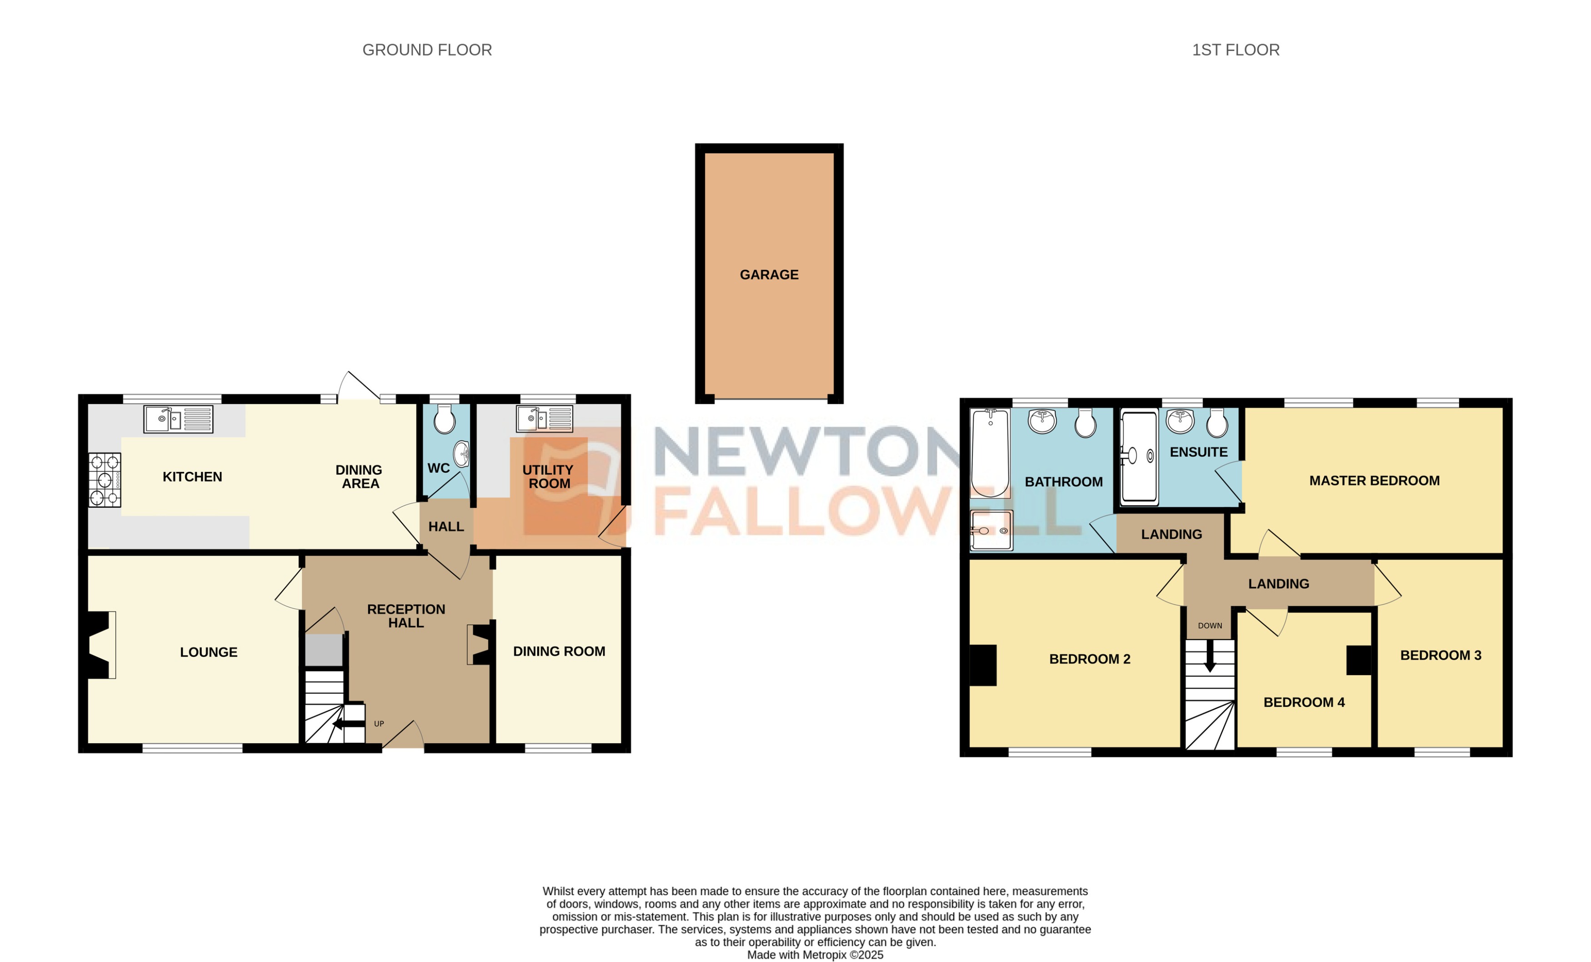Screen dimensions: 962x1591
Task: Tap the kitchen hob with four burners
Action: click(x=105, y=480)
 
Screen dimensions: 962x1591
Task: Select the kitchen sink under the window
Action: click(x=178, y=419)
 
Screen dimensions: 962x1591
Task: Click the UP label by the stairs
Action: click(x=379, y=724)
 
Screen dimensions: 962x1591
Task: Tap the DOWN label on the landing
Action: click(x=1210, y=626)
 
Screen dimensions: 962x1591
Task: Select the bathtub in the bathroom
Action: click(x=990, y=453)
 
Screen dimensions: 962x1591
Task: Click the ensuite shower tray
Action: click(x=1139, y=456)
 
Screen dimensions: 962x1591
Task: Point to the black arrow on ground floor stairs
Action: click(x=349, y=724)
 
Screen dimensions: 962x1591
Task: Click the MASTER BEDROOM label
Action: click(x=1374, y=481)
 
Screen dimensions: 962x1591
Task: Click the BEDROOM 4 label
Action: click(x=1304, y=702)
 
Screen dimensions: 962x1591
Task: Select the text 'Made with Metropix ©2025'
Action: click(x=815, y=955)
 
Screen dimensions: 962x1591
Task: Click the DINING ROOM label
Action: click(x=559, y=651)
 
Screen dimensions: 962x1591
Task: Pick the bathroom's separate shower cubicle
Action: click(x=991, y=531)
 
